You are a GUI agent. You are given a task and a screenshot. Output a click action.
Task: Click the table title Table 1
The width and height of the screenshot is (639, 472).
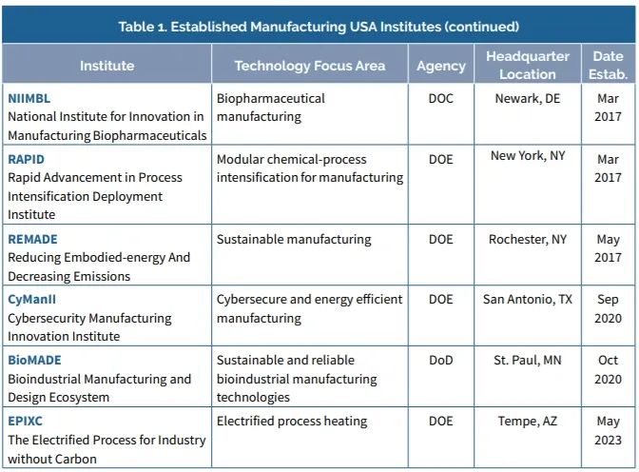[319, 26]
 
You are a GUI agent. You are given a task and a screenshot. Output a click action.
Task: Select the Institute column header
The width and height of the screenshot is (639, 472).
[106, 66]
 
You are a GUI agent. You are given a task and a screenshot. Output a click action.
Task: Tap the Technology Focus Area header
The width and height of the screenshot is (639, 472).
[310, 66]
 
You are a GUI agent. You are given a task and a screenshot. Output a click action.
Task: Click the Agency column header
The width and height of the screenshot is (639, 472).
[441, 66]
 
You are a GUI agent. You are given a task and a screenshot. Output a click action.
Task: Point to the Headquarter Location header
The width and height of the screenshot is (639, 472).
[527, 66]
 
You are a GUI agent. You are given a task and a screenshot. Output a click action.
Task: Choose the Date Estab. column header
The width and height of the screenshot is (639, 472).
[608, 66]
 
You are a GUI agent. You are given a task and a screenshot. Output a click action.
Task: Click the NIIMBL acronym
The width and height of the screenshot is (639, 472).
[31, 98]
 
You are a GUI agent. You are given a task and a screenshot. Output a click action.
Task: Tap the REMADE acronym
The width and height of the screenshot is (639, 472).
[33, 239]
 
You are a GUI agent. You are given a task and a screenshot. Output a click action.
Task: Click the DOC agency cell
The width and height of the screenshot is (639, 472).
[440, 98]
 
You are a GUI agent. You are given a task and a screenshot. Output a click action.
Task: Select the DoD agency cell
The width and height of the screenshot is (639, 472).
[440, 360]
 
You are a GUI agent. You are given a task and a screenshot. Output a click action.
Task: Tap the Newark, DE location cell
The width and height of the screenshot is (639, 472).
[527, 98]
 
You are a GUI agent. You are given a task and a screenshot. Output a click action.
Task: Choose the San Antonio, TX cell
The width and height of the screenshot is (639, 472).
[527, 299]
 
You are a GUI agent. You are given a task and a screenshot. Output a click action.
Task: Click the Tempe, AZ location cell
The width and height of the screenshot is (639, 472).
[527, 421]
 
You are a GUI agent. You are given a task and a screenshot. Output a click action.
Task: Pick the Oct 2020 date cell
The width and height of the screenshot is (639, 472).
[608, 369]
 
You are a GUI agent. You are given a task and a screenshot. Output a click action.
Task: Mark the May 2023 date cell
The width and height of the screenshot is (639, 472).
[608, 430]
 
